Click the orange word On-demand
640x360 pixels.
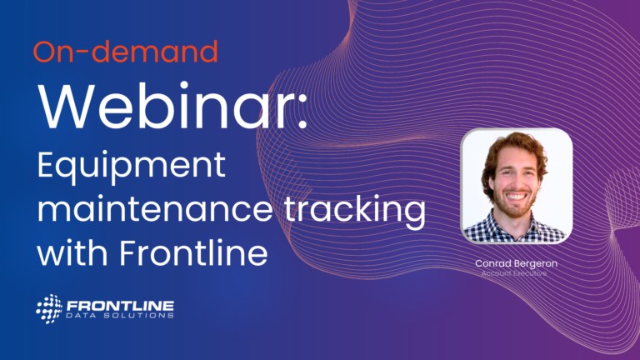(x=125, y=52)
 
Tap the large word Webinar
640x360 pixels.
(x=166, y=106)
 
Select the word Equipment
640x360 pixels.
(x=131, y=166)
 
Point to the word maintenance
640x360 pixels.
(x=155, y=209)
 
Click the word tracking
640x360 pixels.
(x=355, y=210)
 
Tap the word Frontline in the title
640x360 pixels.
(x=193, y=252)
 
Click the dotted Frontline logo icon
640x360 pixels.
(x=49, y=309)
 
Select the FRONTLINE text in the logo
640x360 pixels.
(x=120, y=306)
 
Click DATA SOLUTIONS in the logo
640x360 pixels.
(x=120, y=316)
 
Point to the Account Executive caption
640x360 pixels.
(x=514, y=273)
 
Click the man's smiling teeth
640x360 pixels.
(x=517, y=197)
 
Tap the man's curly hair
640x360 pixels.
(x=515, y=142)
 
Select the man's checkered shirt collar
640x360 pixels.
(x=515, y=229)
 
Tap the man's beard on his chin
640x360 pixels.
(x=516, y=209)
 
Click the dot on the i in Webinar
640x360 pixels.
(x=183, y=85)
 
